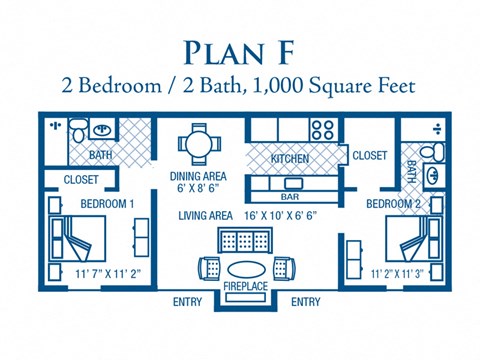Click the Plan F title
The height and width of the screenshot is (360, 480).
240,52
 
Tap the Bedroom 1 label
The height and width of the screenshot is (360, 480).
107,204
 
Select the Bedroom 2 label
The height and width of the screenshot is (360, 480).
393,204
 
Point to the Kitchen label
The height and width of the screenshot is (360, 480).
290,159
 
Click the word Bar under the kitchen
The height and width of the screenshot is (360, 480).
290,184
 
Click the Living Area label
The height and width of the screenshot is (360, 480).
206,216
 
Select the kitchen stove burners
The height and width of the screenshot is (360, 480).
322,129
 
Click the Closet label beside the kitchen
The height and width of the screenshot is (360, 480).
369,156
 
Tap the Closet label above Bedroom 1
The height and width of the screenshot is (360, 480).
81,180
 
